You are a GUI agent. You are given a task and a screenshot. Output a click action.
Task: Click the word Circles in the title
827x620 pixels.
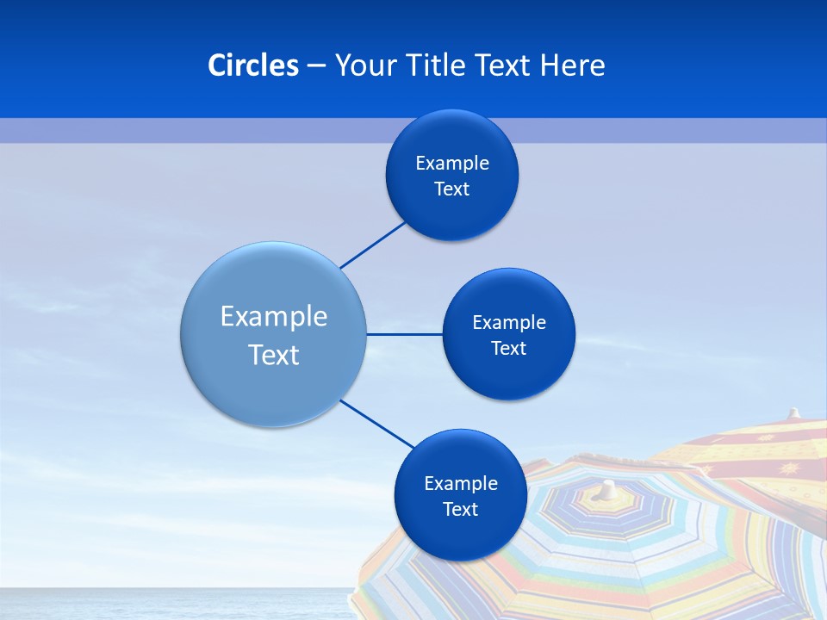pyautogui.click(x=253, y=65)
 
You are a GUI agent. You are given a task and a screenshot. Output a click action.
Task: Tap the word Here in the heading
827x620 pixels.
pyautogui.click(x=572, y=65)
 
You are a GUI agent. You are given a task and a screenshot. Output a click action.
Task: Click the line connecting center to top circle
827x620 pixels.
pyautogui.click(x=373, y=245)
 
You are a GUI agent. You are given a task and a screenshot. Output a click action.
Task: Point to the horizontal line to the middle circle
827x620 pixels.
pyautogui.click(x=404, y=334)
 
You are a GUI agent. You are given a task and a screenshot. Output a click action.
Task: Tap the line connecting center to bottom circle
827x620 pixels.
pyautogui.click(x=377, y=424)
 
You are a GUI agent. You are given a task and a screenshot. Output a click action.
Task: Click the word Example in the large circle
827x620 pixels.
pyautogui.click(x=274, y=316)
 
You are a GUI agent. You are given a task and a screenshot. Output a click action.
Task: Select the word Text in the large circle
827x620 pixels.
pyautogui.click(x=274, y=355)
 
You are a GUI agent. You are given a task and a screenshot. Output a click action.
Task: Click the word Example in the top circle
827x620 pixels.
pyautogui.click(x=452, y=164)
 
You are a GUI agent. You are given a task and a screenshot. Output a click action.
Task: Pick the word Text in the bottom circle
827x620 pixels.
pyautogui.click(x=460, y=510)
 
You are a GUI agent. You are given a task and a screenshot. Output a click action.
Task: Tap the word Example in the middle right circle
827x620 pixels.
pyautogui.click(x=508, y=323)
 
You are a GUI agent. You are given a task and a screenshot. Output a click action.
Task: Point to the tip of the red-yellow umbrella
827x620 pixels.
pyautogui.click(x=794, y=413)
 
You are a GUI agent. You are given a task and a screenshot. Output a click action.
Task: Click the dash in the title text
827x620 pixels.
pyautogui.click(x=316, y=66)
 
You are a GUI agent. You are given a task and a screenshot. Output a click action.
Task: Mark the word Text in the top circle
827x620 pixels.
pyautogui.click(x=452, y=189)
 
